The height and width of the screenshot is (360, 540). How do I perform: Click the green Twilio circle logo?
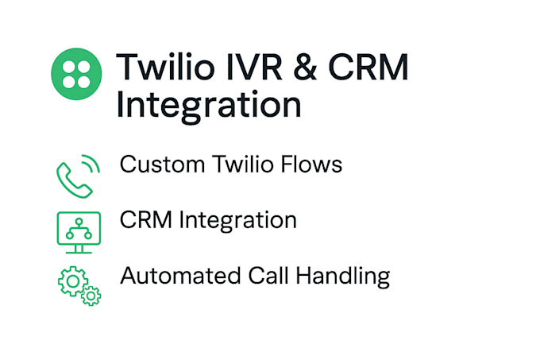[76, 74]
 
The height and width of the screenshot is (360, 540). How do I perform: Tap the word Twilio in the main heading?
[165, 67]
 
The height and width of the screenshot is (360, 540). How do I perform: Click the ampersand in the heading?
[305, 68]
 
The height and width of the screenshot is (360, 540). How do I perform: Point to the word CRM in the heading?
[368, 68]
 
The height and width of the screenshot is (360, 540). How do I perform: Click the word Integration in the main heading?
[209, 106]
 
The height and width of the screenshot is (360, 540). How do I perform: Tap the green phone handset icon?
[74, 180]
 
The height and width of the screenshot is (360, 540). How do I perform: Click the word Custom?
[162, 164]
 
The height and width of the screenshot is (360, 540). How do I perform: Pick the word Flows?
[311, 164]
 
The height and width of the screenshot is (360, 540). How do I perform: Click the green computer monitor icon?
[79, 233]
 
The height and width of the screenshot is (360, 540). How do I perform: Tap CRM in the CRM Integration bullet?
[145, 220]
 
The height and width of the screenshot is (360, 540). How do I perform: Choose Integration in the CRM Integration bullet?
[237, 221]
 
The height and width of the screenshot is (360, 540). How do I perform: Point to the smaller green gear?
[91, 296]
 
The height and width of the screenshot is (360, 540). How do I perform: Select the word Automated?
[180, 276]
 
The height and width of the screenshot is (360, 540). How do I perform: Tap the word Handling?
[343, 277]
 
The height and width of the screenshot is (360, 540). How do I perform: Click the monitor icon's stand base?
[79, 252]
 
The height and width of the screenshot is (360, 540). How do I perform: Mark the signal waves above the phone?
[91, 163]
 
